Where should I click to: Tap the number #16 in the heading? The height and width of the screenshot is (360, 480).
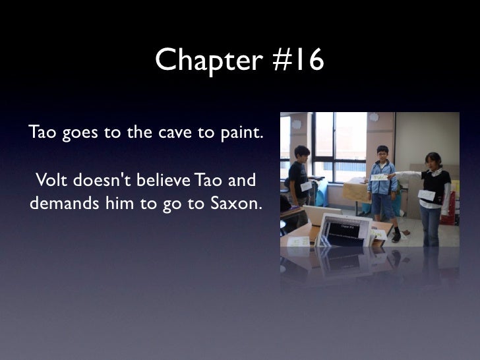tap(295, 61)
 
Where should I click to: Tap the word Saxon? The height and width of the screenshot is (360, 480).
tap(235, 204)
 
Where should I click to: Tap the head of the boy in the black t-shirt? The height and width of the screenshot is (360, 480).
tap(302, 154)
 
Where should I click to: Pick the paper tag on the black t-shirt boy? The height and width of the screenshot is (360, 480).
tap(306, 187)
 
